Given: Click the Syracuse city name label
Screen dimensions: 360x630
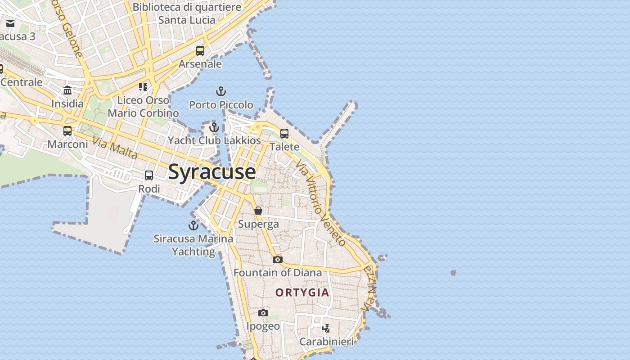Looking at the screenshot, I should click(212, 172).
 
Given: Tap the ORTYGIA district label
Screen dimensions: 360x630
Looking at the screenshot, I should click(302, 292).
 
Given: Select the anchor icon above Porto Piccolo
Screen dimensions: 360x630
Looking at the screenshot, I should click(220, 92).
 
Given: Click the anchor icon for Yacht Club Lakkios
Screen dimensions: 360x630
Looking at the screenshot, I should click(214, 127).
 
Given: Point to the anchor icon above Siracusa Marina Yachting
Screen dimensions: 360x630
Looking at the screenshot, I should click(193, 225).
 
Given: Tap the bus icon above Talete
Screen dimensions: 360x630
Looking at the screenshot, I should click(284, 133).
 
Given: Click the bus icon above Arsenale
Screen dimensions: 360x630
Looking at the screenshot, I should click(200, 51).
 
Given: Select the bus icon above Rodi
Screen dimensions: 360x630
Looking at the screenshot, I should click(149, 175).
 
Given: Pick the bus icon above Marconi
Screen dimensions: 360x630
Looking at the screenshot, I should click(67, 131).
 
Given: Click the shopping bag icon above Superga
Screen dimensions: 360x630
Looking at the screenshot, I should click(258, 211).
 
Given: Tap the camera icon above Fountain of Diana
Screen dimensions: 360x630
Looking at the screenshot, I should click(278, 259).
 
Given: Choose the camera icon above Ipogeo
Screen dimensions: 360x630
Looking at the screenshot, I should click(263, 313).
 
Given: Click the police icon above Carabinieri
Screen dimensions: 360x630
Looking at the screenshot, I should click(326, 328).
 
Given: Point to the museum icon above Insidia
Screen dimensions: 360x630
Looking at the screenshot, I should click(67, 90).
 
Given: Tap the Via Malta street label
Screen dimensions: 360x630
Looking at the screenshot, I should click(115, 148).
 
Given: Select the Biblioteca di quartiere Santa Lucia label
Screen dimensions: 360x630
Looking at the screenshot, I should click(187, 13).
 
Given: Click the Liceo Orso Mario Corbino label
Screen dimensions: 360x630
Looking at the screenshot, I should click(143, 106).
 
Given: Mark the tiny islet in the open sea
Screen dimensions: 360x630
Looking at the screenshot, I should click(453, 273).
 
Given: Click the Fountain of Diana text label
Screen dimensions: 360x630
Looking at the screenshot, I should click(278, 273).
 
